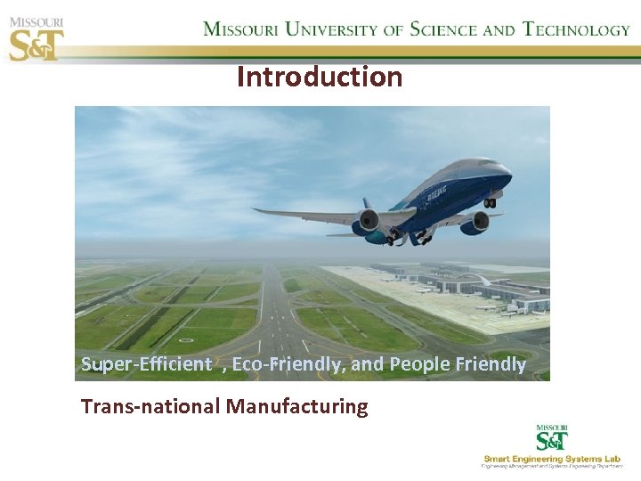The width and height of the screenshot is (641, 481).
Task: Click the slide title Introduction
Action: click(320, 77)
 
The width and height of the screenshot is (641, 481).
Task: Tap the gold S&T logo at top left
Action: click(36, 44)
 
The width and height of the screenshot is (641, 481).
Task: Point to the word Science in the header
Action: click(442, 29)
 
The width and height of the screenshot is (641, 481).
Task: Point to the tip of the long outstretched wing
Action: click(256, 210)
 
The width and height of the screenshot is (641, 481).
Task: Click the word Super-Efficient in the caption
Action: click(146, 364)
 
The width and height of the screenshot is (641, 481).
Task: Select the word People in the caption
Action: click(419, 364)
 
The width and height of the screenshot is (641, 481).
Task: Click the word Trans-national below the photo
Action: click(150, 407)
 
